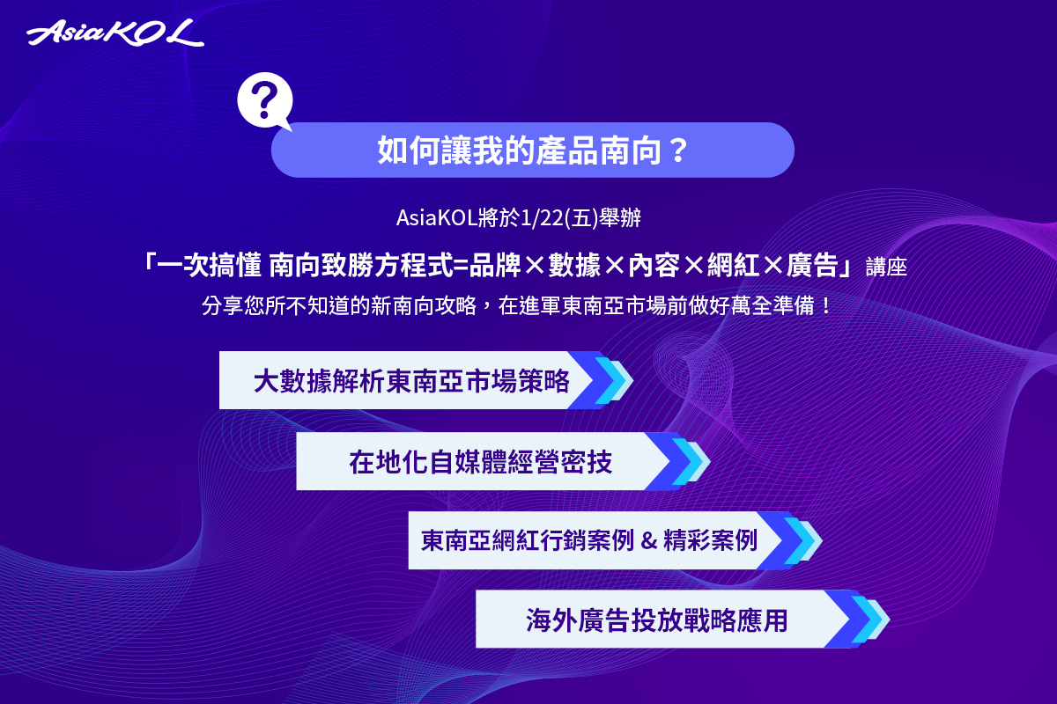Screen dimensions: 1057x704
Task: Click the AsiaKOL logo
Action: [115, 33]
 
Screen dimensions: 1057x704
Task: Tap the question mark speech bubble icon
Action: [265, 101]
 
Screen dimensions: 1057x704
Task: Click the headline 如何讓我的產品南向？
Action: [533, 150]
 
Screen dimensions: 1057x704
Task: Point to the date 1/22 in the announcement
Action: [542, 218]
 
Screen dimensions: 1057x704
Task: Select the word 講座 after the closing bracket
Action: [886, 267]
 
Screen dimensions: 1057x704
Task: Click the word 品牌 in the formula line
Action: [495, 265]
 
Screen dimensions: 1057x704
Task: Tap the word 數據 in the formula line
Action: [574, 265]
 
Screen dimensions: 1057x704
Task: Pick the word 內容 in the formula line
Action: [654, 265]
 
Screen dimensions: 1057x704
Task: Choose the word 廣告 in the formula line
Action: [812, 265]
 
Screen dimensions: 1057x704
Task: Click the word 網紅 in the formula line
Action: [733, 265]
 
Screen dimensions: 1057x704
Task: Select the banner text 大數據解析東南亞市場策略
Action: [411, 381]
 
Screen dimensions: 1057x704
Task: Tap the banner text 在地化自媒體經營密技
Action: [480, 462]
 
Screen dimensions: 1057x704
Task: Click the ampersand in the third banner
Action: [649, 540]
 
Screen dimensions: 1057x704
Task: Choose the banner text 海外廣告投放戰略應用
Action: [657, 620]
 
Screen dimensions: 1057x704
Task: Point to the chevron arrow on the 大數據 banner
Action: [600, 380]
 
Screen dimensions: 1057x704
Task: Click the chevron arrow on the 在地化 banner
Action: [677, 461]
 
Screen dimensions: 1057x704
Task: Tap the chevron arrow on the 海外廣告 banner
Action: [857, 619]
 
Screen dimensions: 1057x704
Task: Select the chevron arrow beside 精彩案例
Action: [789, 540]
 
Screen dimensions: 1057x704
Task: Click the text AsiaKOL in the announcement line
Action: [437, 218]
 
